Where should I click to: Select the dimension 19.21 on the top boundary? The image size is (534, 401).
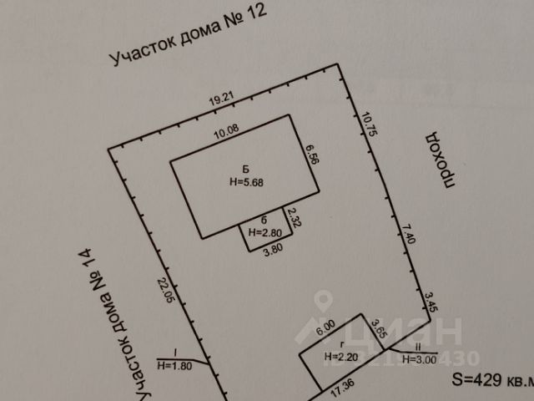(220, 100)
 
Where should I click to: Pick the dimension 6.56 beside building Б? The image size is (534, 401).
(312, 156)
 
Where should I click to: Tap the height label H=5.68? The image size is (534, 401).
(245, 181)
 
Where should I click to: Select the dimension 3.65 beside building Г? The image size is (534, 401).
(376, 330)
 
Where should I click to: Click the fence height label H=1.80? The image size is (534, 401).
(174, 365)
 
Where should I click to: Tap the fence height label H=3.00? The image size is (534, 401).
(418, 359)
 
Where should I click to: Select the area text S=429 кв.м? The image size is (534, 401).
(491, 380)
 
